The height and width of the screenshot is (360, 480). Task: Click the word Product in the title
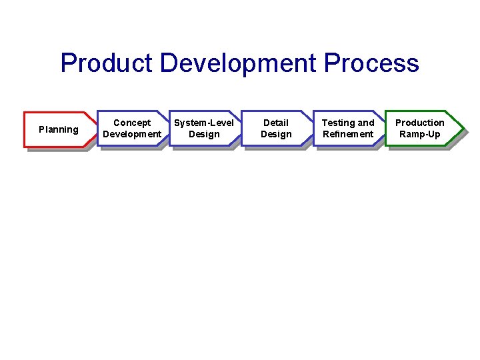click(107, 64)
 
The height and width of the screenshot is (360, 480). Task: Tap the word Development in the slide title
click(238, 64)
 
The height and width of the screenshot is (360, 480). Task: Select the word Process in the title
click(371, 64)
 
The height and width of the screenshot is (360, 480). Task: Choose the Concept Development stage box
click(132, 128)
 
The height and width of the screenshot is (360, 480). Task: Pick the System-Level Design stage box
click(204, 128)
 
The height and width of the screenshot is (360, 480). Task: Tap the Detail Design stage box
click(276, 128)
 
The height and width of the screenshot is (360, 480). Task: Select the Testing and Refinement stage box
click(348, 128)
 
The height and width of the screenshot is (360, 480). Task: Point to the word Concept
click(132, 123)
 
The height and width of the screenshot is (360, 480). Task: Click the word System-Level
click(204, 123)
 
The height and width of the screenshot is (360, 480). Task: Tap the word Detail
click(276, 123)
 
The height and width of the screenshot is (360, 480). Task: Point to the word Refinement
click(348, 134)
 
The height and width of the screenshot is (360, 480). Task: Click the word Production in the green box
click(420, 123)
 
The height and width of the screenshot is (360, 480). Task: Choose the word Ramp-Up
click(420, 134)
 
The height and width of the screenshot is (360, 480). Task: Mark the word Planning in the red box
click(58, 129)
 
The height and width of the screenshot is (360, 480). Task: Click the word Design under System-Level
click(204, 134)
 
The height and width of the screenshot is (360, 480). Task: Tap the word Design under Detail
click(276, 134)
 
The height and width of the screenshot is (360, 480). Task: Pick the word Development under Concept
click(132, 134)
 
